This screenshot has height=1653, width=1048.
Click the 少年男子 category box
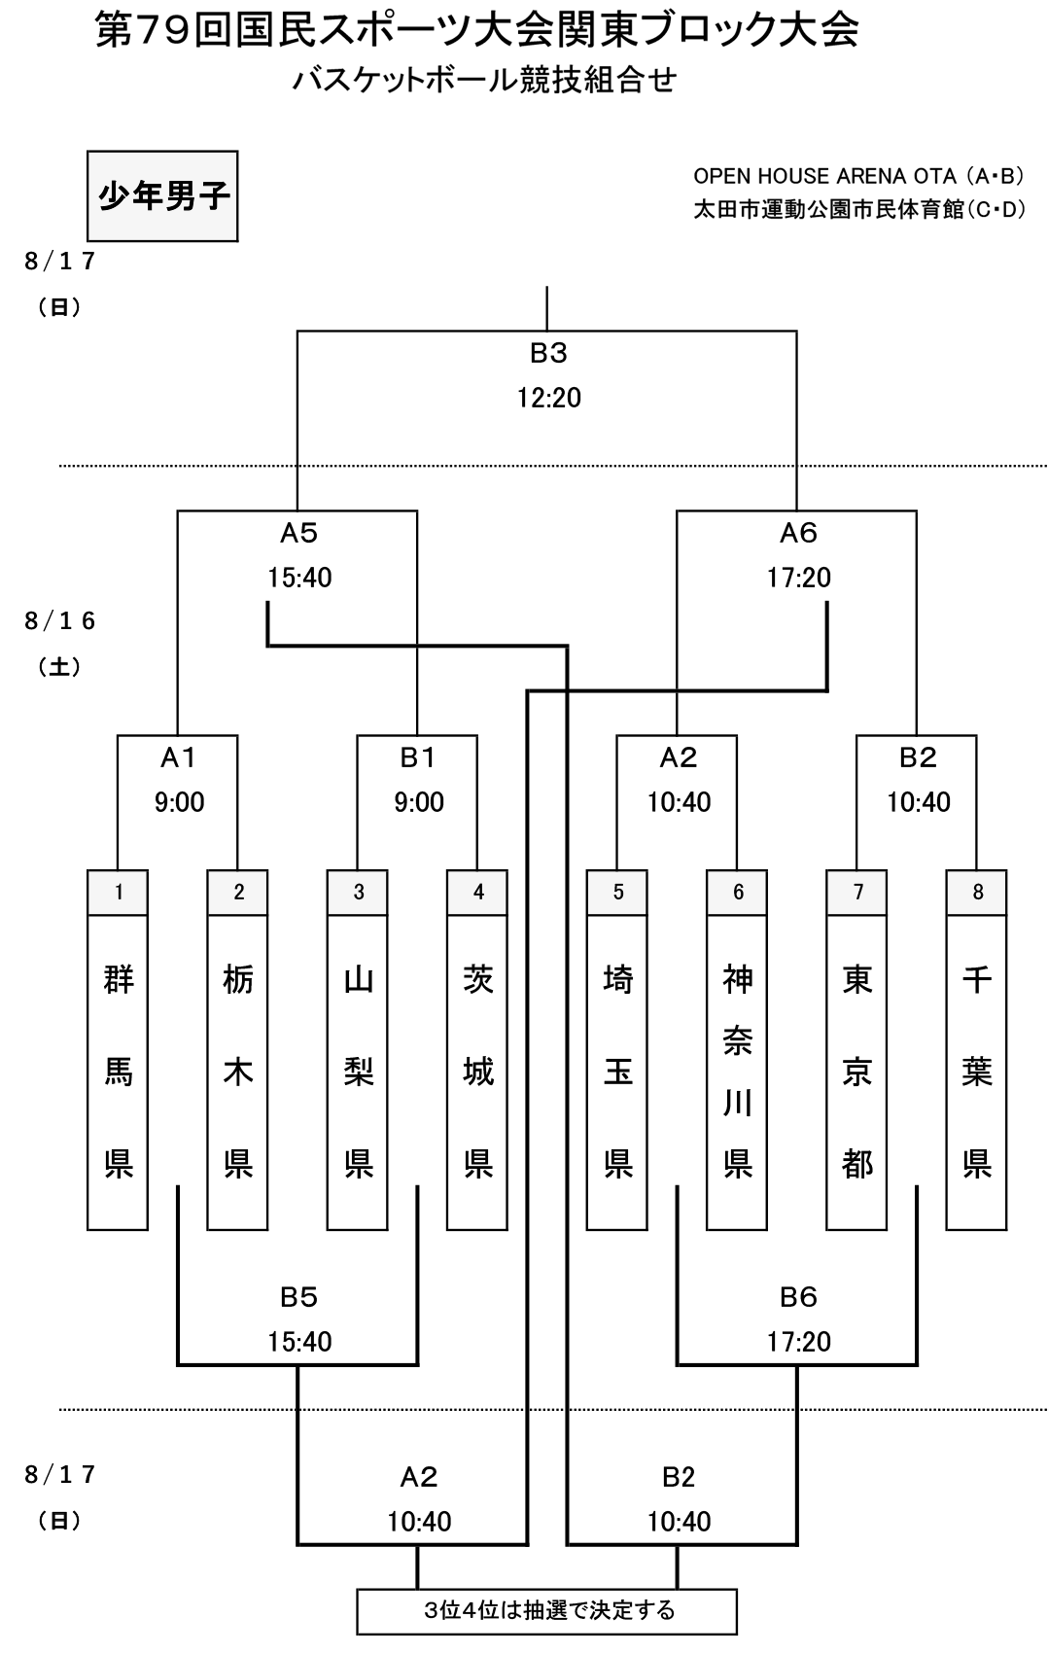tap(162, 196)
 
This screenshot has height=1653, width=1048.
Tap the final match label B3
tap(548, 354)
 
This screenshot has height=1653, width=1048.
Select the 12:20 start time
tap(548, 398)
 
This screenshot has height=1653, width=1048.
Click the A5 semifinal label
tap(298, 533)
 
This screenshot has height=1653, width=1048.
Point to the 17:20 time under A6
tap(798, 577)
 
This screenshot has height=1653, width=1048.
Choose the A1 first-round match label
tap(179, 757)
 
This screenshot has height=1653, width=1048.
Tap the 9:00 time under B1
tap(418, 802)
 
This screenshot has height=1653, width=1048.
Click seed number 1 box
tap(118, 893)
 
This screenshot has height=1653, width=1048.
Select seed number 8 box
tap(976, 893)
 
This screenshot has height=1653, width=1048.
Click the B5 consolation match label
tap(298, 1296)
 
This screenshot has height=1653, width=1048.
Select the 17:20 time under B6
tap(798, 1341)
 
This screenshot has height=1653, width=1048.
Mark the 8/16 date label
tap(59, 621)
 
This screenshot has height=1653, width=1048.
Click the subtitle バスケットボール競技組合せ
tap(484, 81)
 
